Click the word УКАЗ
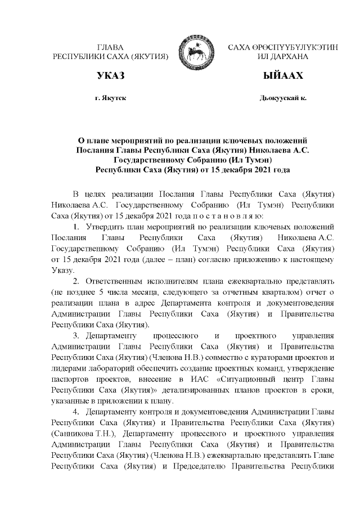click(110, 76)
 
